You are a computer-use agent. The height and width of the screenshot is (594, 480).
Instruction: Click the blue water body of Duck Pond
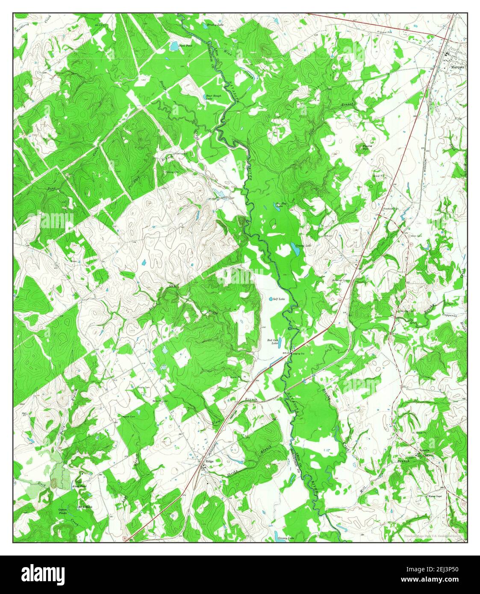click(x=174, y=46)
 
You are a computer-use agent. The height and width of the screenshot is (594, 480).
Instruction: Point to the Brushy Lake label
click(x=216, y=25)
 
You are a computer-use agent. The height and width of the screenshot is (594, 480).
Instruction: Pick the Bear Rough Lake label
click(x=212, y=97)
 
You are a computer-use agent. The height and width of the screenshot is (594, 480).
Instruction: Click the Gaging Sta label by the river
click(x=298, y=353)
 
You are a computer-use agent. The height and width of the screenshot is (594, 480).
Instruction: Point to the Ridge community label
click(x=209, y=462)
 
